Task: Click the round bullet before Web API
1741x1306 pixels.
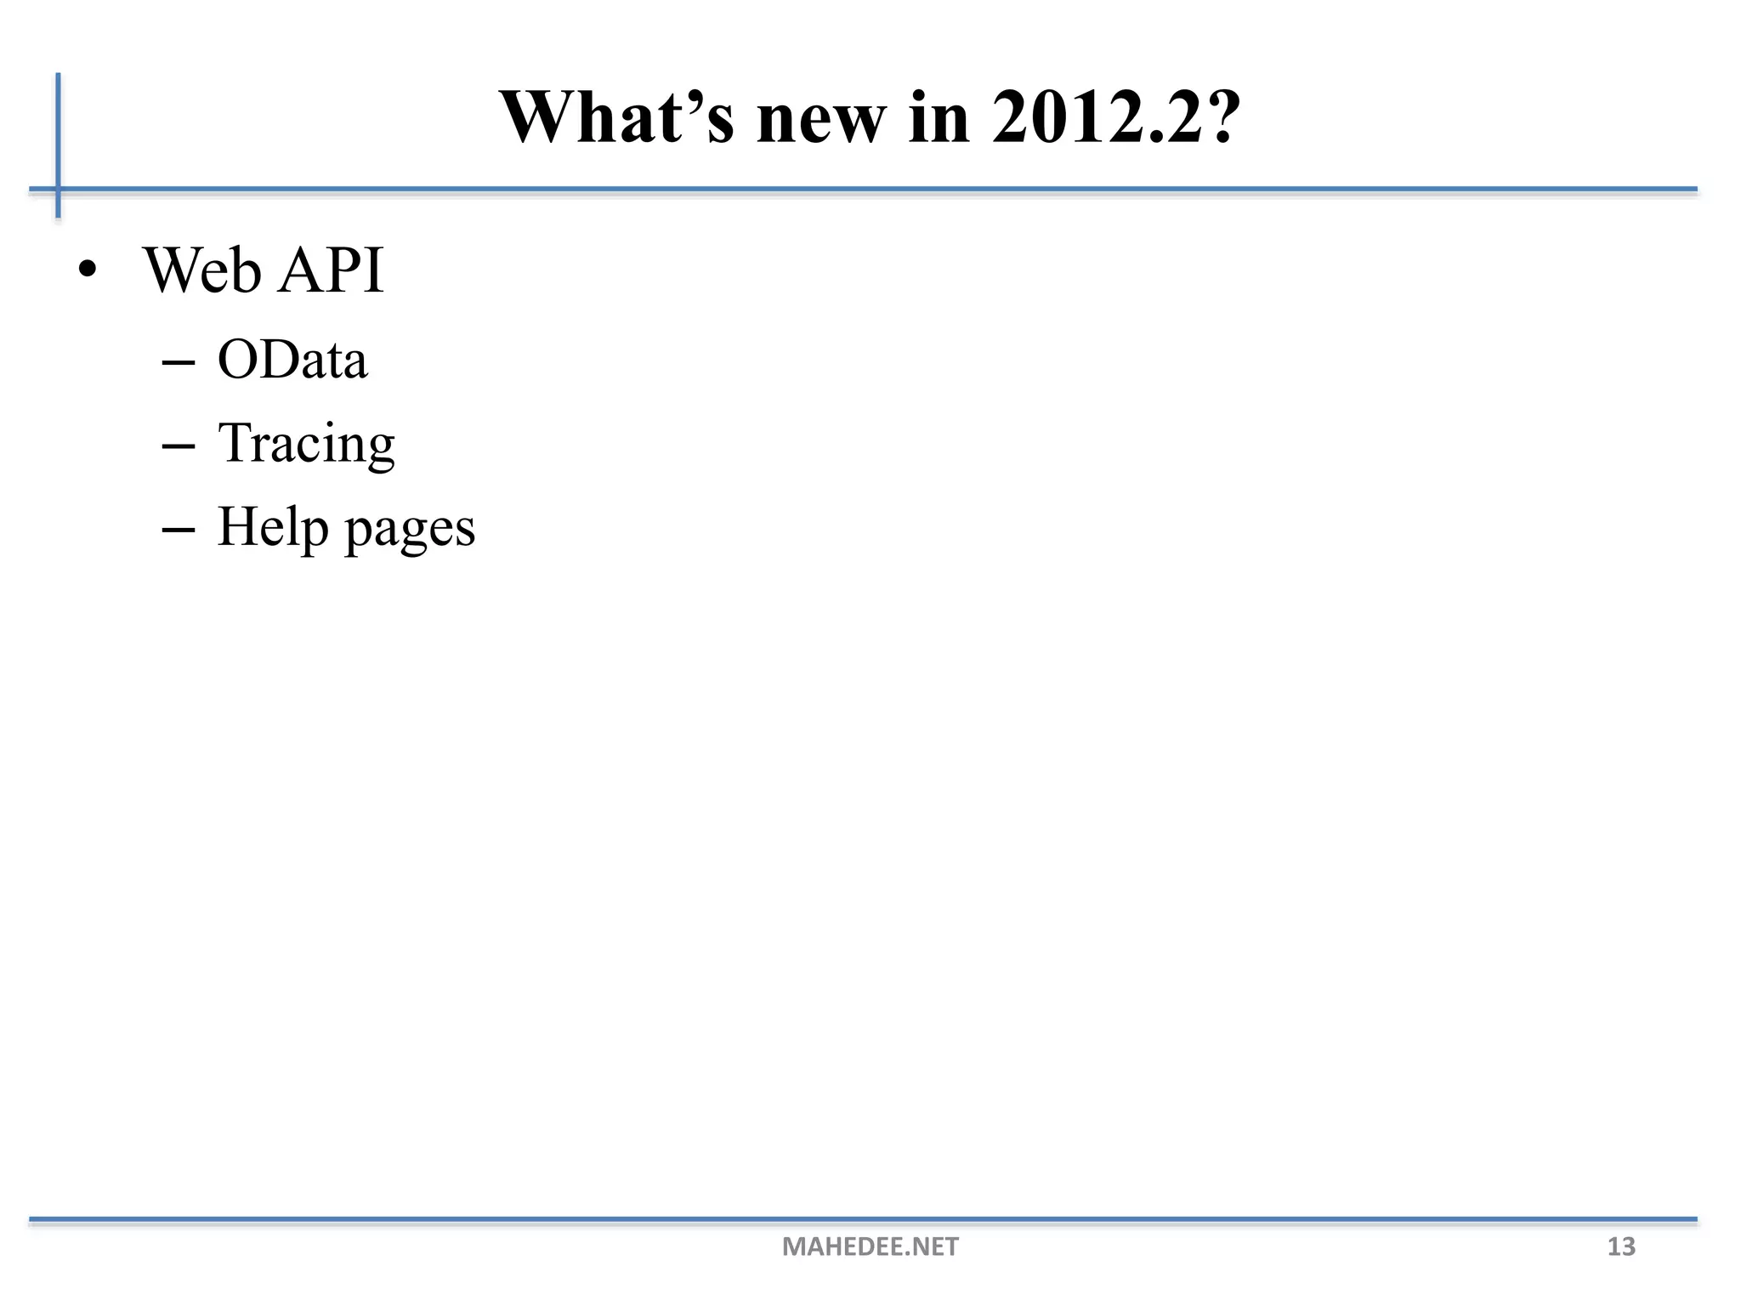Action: point(86,270)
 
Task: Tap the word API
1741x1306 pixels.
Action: point(332,270)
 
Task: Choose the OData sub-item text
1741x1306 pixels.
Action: point(292,359)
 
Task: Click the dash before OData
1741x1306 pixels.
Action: point(178,364)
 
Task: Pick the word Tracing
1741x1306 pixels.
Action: point(306,444)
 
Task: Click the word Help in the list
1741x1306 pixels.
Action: point(272,527)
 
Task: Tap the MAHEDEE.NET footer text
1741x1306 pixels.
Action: point(870,1246)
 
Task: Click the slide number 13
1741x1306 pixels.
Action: point(1621,1246)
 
